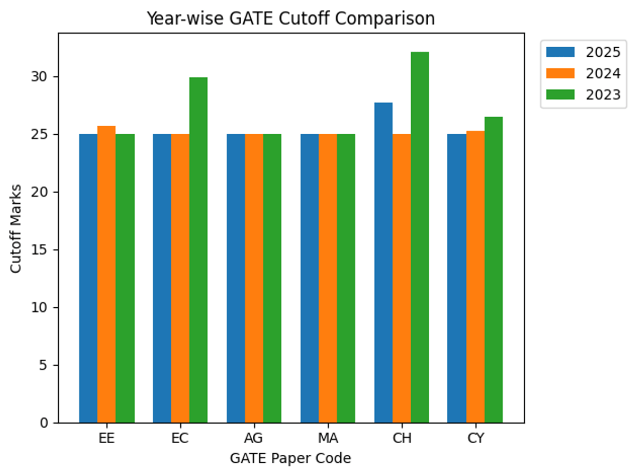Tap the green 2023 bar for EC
(198, 250)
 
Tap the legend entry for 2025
(583, 52)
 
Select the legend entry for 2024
(583, 73)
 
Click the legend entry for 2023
(583, 94)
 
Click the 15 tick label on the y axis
(43, 250)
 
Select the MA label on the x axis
(328, 439)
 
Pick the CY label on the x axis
(475, 439)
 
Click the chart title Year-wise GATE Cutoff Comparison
(290, 19)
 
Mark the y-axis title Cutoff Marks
(16, 228)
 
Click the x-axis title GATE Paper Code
(290, 458)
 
